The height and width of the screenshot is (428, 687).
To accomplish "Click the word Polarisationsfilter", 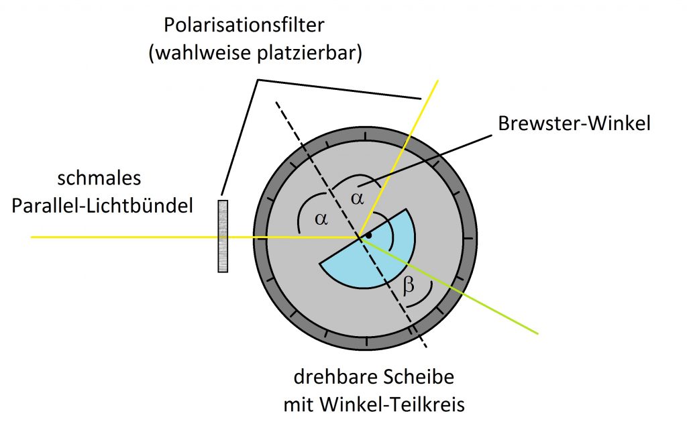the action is (x=244, y=25).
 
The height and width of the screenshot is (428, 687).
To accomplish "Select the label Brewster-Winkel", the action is (x=574, y=123).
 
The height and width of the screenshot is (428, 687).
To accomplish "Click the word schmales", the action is (x=99, y=178).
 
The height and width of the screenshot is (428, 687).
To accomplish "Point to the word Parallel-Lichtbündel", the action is (x=102, y=205).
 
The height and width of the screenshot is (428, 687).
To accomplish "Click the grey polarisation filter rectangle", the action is (x=223, y=236).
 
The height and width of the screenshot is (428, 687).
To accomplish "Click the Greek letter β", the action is (x=409, y=285).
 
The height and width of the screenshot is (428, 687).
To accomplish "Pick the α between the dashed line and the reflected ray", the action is (x=358, y=199).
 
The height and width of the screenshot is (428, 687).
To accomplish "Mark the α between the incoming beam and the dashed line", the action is (x=321, y=219).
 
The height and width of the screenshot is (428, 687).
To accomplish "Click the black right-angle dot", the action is (x=369, y=235).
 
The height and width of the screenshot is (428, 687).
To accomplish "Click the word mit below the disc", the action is (x=300, y=404).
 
